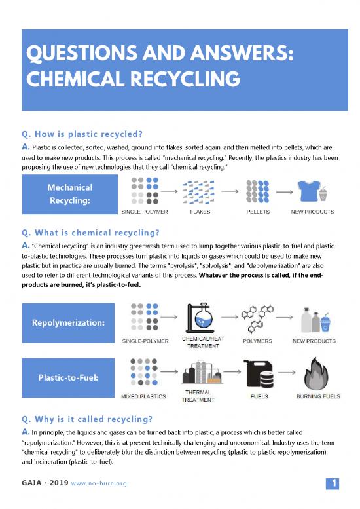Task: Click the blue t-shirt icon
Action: point(308,190)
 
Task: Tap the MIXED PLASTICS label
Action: point(143,396)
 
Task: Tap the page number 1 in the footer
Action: point(334,484)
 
